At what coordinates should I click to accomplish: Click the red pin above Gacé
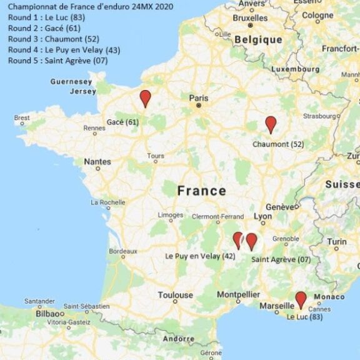click(145, 97)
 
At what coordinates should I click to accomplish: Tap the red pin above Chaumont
click(271, 124)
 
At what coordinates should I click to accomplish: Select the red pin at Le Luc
click(301, 299)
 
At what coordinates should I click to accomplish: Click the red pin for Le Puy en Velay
click(237, 239)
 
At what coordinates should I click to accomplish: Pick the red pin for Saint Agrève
click(251, 241)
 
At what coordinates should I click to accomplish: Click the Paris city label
click(199, 98)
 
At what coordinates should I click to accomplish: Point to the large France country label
click(201, 191)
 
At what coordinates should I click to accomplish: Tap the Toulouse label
click(175, 295)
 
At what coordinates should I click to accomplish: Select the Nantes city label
click(97, 161)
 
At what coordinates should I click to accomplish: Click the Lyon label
click(263, 216)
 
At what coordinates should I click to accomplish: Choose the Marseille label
click(277, 306)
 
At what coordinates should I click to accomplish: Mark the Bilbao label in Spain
click(49, 313)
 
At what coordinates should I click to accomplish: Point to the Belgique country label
click(258, 39)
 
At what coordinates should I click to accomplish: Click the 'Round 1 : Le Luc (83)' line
click(47, 17)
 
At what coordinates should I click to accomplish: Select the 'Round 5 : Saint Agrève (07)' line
click(58, 61)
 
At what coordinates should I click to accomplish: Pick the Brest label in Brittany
click(22, 117)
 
